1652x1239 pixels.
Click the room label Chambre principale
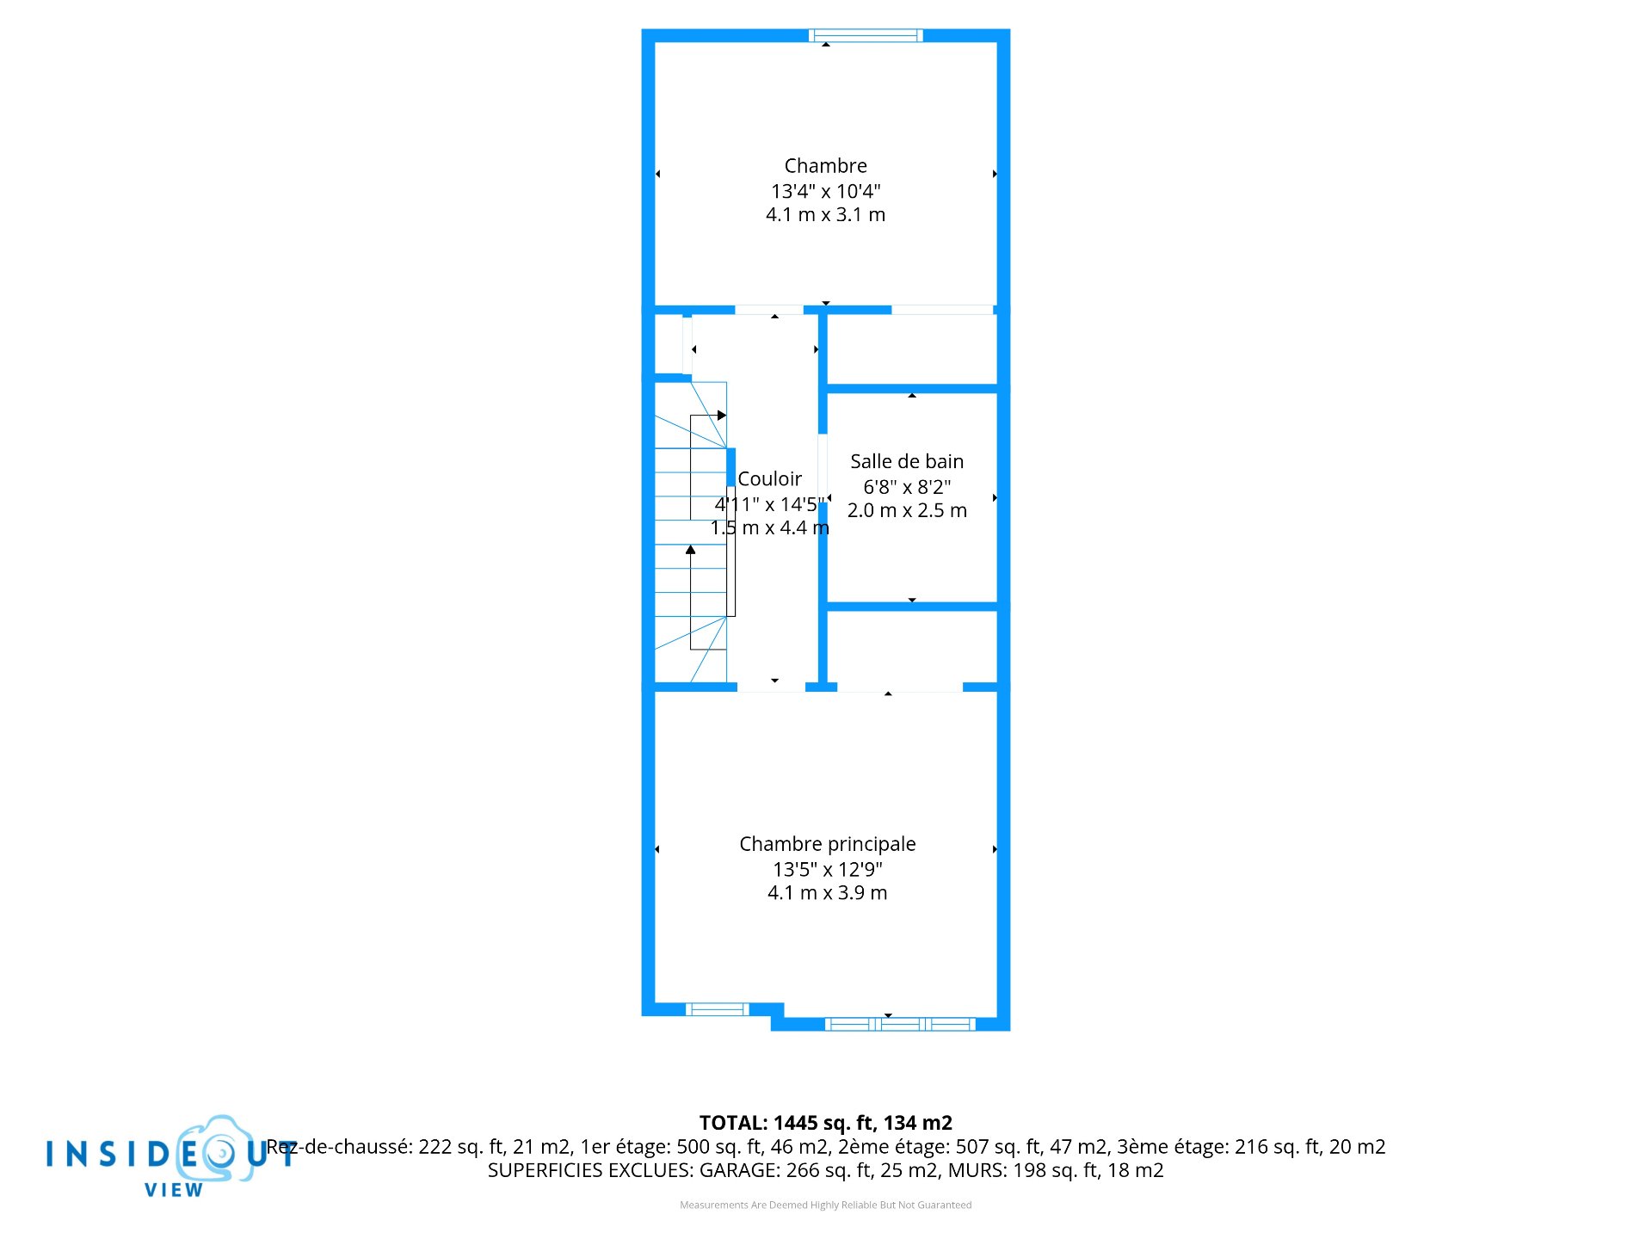[x=827, y=844]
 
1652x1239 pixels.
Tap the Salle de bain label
[x=907, y=461]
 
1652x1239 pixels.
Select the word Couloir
[x=769, y=478]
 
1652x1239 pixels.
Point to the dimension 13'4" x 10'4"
[x=825, y=191]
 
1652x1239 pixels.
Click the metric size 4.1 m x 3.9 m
[x=827, y=893]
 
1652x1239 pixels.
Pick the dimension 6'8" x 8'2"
[x=907, y=486]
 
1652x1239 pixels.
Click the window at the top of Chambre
[x=866, y=35]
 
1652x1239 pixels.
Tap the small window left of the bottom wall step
[x=717, y=1008]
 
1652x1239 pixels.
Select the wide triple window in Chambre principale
[x=900, y=1024]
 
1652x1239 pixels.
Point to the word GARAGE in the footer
[x=739, y=1170]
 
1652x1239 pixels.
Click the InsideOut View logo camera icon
[x=217, y=1150]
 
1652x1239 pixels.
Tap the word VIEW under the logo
[x=174, y=1190]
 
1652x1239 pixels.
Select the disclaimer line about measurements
[x=825, y=1205]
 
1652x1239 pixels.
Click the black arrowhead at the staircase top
[x=722, y=416]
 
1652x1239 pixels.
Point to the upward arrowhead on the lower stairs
[x=690, y=549]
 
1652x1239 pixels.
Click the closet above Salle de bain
[x=911, y=349]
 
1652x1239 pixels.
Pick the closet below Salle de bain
[x=911, y=648]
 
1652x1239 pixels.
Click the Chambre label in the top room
[x=825, y=165]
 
